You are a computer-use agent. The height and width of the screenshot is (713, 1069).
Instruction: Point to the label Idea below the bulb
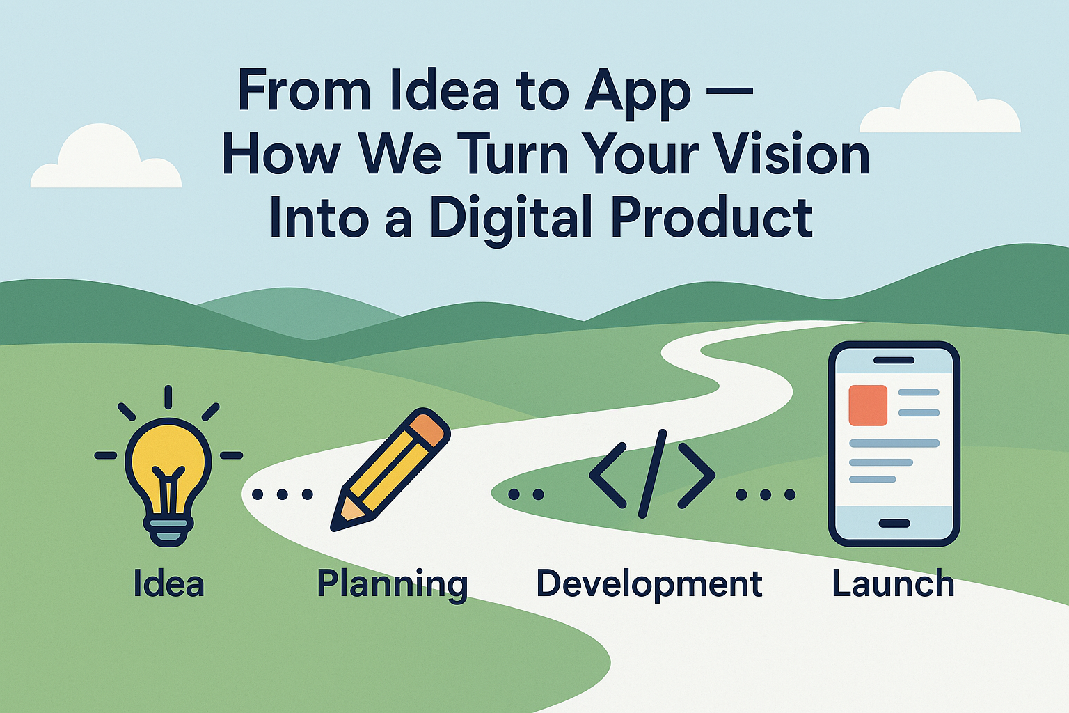tap(168, 583)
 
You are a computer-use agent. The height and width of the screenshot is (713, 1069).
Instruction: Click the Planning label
tap(392, 583)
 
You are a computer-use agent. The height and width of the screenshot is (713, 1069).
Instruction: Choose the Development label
tap(649, 583)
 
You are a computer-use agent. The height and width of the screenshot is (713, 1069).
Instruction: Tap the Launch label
tap(893, 583)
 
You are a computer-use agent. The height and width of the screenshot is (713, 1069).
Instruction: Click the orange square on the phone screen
tap(868, 405)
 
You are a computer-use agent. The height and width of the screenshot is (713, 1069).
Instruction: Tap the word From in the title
tap(303, 91)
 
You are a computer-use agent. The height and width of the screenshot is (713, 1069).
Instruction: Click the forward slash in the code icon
tap(652, 474)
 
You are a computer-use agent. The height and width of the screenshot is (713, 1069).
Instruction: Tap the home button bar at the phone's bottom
tap(894, 524)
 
